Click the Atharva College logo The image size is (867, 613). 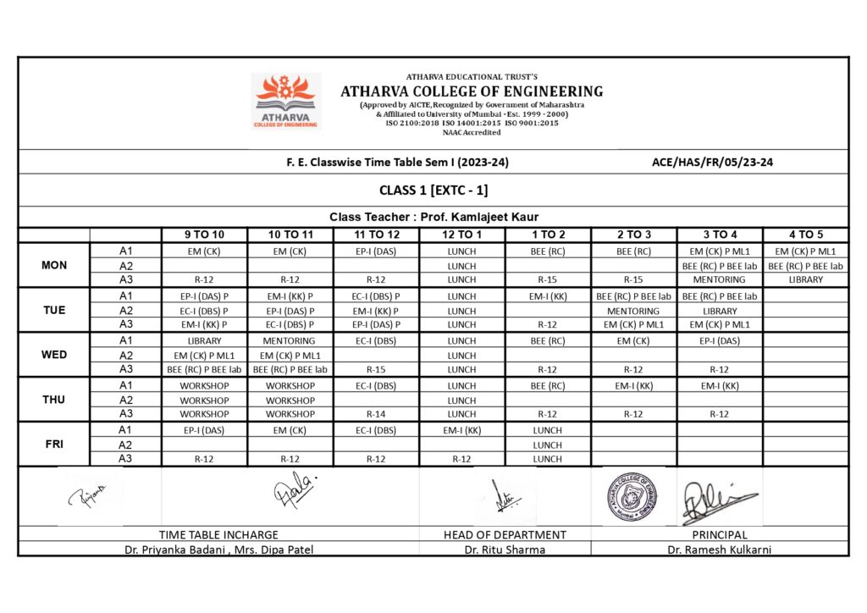click(286, 101)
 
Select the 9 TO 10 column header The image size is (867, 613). click(204, 235)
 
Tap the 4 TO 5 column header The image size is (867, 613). click(805, 235)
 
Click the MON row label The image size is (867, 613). click(54, 265)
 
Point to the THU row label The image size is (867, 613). click(54, 400)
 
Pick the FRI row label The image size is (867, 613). click(54, 444)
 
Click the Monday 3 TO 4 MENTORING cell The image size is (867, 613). click(719, 279)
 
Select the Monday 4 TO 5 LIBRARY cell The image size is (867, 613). click(805, 279)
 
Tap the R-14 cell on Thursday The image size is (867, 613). click(375, 414)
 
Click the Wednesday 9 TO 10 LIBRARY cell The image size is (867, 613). click(204, 341)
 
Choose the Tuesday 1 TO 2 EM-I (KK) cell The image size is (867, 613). click(547, 296)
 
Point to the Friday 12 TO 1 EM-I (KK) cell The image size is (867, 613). click(461, 430)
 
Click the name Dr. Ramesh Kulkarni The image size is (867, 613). click(719, 549)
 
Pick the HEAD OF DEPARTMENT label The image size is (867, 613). click(505, 535)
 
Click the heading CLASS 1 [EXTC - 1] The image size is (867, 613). click(433, 190)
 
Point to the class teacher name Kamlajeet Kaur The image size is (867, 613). click(495, 218)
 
